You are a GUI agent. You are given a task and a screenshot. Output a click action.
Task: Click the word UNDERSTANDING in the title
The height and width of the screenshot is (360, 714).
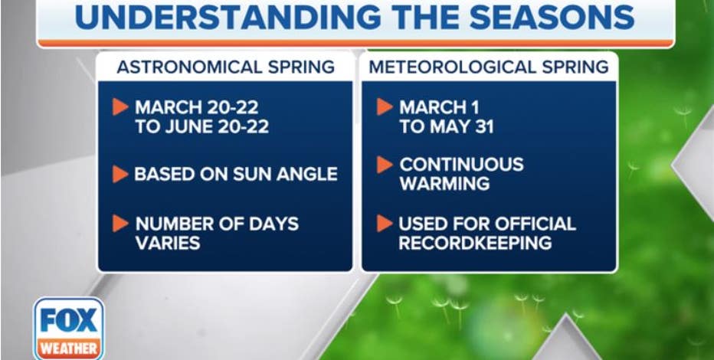pos(228,18)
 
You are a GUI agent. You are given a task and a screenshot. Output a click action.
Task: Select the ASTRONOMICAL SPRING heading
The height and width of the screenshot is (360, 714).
pos(226,67)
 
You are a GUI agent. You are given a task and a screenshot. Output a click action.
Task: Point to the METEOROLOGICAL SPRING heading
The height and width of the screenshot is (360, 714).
pos(489,67)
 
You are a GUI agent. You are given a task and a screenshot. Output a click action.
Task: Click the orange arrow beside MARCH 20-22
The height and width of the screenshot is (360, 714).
pos(120,107)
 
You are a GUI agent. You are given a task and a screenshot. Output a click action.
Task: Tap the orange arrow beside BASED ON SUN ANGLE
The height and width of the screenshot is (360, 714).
pos(120,175)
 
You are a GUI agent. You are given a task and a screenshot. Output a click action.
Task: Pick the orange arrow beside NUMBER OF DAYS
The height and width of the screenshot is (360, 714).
pos(120,224)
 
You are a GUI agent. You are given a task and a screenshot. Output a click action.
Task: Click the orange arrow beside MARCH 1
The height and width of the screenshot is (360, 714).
pos(385,107)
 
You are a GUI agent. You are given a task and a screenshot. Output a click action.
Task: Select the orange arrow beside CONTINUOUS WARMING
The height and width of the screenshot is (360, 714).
pos(385,165)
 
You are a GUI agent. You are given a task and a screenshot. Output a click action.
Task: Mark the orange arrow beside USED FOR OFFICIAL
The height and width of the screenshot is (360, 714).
pos(385,224)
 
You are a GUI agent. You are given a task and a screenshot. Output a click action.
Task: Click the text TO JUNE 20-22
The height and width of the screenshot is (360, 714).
pos(202,127)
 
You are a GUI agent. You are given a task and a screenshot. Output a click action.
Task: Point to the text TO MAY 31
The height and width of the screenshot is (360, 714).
pos(447,127)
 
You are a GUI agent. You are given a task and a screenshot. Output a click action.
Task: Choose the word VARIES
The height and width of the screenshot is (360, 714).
pos(168,243)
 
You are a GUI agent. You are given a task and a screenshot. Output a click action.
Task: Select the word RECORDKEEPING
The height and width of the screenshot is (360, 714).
pos(476,243)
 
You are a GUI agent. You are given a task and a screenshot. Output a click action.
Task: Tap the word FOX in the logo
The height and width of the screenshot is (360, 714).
pos(68,320)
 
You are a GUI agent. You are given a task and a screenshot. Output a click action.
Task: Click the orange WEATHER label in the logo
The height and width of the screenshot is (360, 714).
pos(69,349)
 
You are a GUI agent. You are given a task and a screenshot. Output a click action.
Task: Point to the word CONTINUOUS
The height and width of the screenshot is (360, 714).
pos(462,165)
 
